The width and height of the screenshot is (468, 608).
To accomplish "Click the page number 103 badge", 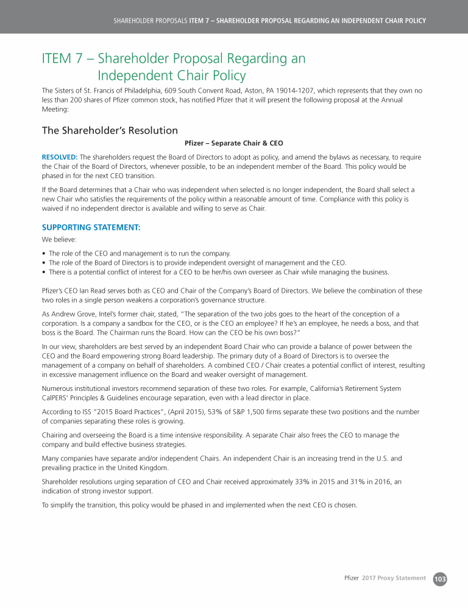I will [439, 578].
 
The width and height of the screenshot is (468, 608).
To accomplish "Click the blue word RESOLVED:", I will [60, 157].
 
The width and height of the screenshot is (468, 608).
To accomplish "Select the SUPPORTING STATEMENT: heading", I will [91, 227].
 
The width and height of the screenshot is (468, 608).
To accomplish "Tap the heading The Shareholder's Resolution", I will [110, 131].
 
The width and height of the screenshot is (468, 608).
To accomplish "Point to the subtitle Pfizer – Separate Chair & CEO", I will [233, 144].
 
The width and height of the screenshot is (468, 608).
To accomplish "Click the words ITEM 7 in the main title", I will [63, 59].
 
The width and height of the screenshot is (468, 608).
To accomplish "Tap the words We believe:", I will [58, 240].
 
